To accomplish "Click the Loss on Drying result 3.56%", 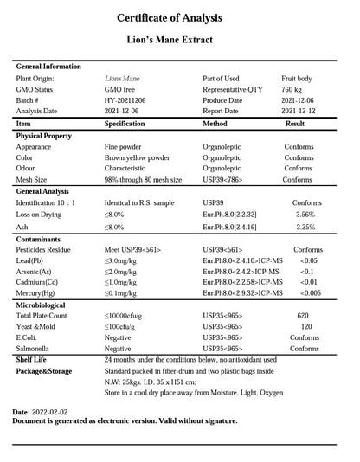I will click(305, 214).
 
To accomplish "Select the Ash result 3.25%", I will click(305, 227).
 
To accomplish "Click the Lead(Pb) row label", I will click(31, 260).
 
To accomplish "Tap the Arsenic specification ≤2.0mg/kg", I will click(122, 272).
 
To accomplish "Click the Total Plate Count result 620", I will click(303, 316).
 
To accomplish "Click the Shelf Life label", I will click(32, 359).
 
